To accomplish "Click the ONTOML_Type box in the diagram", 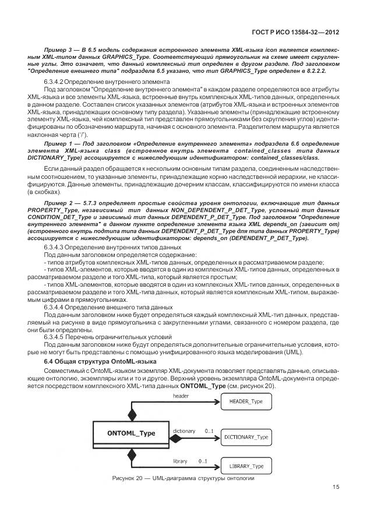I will coord(131,434).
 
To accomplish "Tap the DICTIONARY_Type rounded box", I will coord(246,436).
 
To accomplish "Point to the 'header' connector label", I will coord(182,396).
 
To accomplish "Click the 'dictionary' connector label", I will coord(184,431).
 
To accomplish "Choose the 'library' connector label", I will coord(180,461).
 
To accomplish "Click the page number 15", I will coord(336,487).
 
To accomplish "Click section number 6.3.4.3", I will coord(57,248).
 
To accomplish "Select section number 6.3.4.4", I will coord(57,306).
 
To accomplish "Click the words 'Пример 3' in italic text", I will coord(57,51).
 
